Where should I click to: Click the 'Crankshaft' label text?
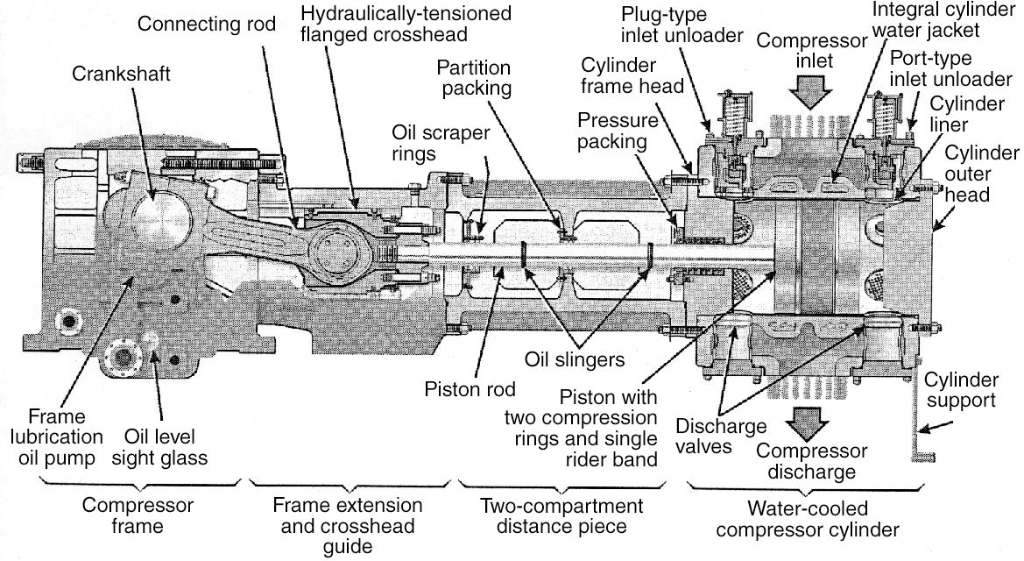121,75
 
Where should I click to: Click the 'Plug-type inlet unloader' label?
681,26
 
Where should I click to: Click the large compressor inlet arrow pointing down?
806,88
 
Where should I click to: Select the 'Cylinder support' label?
962,390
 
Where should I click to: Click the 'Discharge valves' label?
721,437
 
